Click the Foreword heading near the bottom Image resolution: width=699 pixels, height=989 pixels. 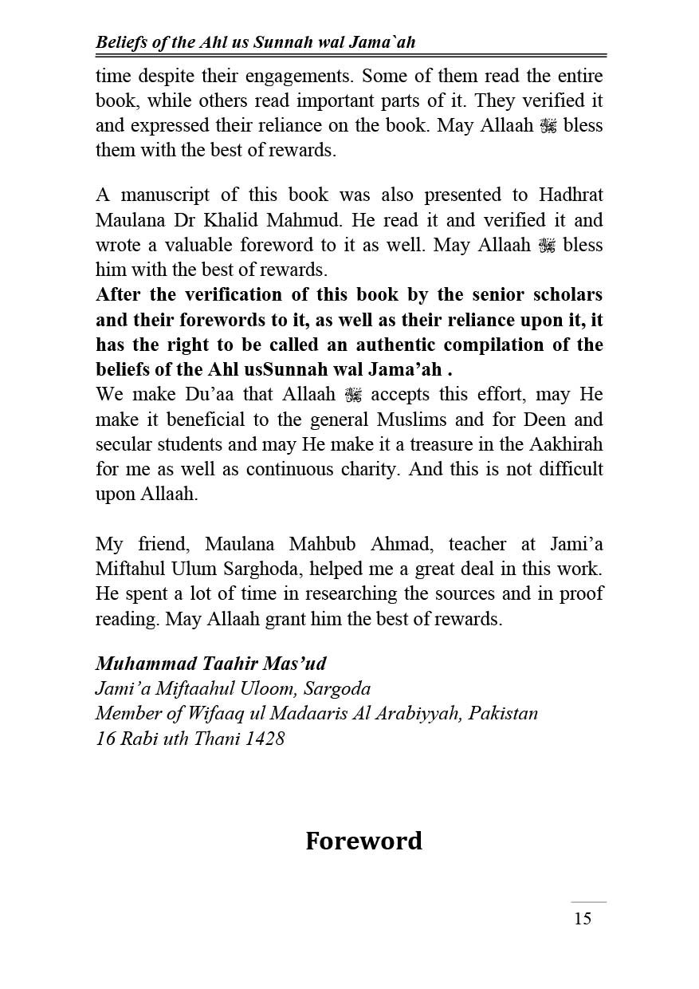(x=363, y=841)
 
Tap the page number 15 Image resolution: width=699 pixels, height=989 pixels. (x=583, y=919)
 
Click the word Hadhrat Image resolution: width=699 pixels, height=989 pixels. (x=566, y=195)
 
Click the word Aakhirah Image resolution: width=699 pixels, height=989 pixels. (x=559, y=444)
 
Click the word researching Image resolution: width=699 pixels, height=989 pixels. (x=324, y=594)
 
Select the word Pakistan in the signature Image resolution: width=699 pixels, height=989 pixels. (x=503, y=713)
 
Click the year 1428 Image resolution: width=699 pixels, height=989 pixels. (x=265, y=738)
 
